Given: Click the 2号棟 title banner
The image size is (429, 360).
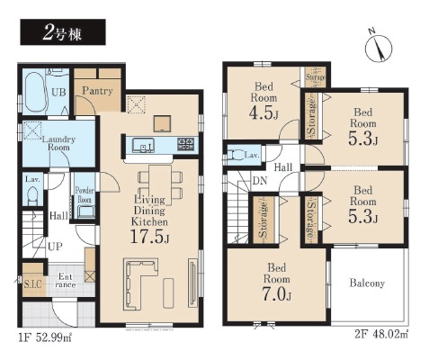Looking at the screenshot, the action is (63, 32).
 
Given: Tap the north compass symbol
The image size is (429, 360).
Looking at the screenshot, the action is (378, 47).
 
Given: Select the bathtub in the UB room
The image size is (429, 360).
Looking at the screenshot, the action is (36, 92).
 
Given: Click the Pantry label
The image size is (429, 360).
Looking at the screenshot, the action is (97, 91).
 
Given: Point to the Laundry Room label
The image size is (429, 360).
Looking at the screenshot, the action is (58, 143).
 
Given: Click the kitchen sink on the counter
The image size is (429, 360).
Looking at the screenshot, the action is (143, 145).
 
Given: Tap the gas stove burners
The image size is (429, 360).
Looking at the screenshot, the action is (185, 144).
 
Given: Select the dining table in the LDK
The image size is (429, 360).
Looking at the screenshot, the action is (160, 185).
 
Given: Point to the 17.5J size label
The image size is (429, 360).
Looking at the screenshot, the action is (149, 236).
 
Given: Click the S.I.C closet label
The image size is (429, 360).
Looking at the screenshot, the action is (32, 284).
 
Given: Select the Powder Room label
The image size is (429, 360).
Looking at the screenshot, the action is (85, 194).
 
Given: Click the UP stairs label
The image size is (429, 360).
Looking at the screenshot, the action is (55, 247).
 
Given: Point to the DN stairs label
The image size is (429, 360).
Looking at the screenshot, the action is (260, 181).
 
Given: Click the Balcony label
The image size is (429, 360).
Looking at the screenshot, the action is (367, 283).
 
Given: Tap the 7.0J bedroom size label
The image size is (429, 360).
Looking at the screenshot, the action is (277, 295).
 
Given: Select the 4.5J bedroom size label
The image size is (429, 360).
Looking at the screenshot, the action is (264, 113).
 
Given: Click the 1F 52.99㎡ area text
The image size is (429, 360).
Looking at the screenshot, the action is (45, 338).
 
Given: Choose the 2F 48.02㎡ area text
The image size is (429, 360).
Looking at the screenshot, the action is (381, 335).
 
